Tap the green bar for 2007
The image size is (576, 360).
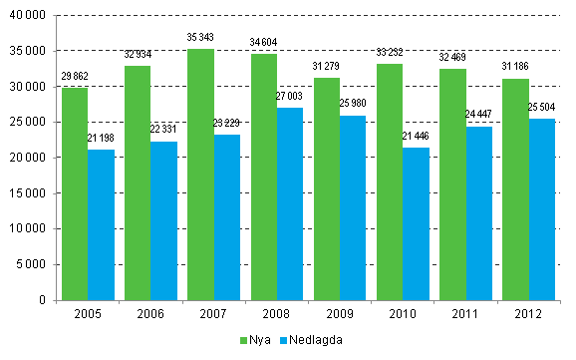tap(200, 175)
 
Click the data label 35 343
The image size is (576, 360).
tap(200, 39)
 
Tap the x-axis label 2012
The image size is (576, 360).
tap(529, 313)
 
